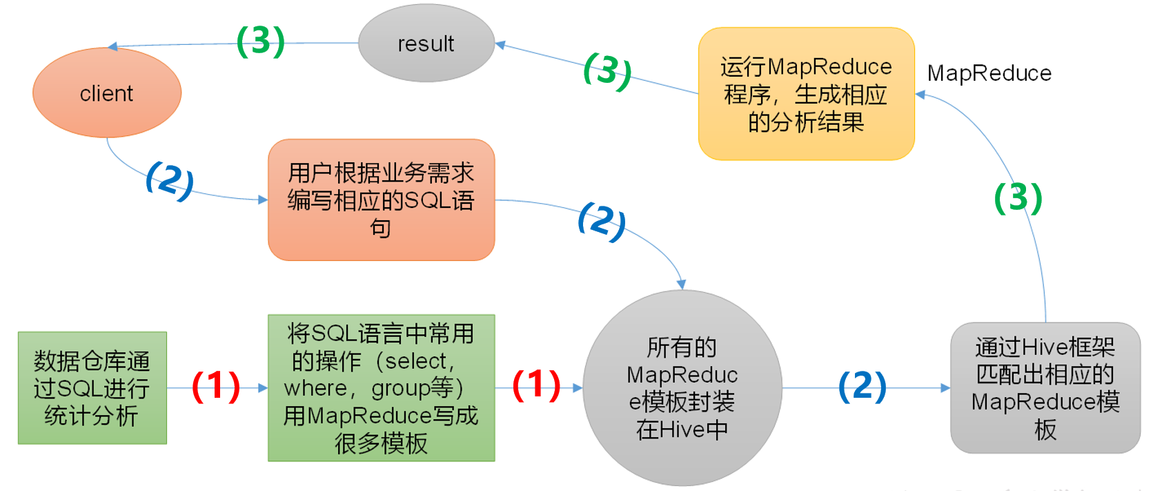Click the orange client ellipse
point(107,93)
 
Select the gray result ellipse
point(426,44)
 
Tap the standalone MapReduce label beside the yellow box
point(989,73)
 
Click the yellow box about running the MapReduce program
point(806,94)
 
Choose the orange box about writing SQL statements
point(381,200)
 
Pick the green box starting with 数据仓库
point(92,388)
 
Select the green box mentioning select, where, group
point(381,388)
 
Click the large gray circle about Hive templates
point(682,388)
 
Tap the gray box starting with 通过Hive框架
point(1045,388)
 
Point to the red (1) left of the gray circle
point(536,385)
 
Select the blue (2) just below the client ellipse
point(169,180)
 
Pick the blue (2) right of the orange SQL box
point(602,221)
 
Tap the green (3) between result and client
point(260,41)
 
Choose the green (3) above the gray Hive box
point(1018,198)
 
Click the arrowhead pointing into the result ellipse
point(500,45)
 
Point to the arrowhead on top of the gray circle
point(681,285)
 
